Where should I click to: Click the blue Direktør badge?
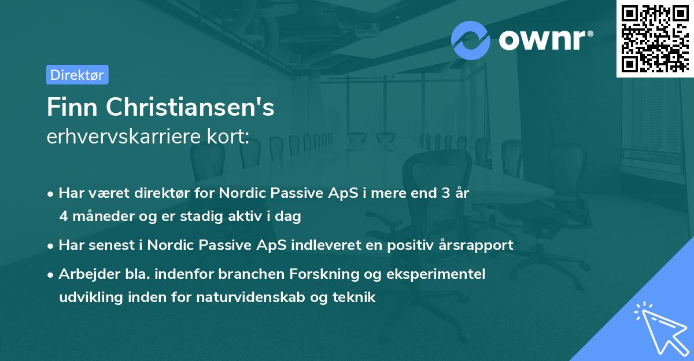[x=77, y=75]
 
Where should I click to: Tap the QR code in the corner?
[x=655, y=38]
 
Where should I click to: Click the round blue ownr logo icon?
[x=471, y=40]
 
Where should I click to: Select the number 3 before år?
[x=445, y=193]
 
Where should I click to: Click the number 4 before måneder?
[x=63, y=216]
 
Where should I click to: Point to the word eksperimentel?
[x=439, y=274]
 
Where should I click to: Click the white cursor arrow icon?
[x=659, y=327]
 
